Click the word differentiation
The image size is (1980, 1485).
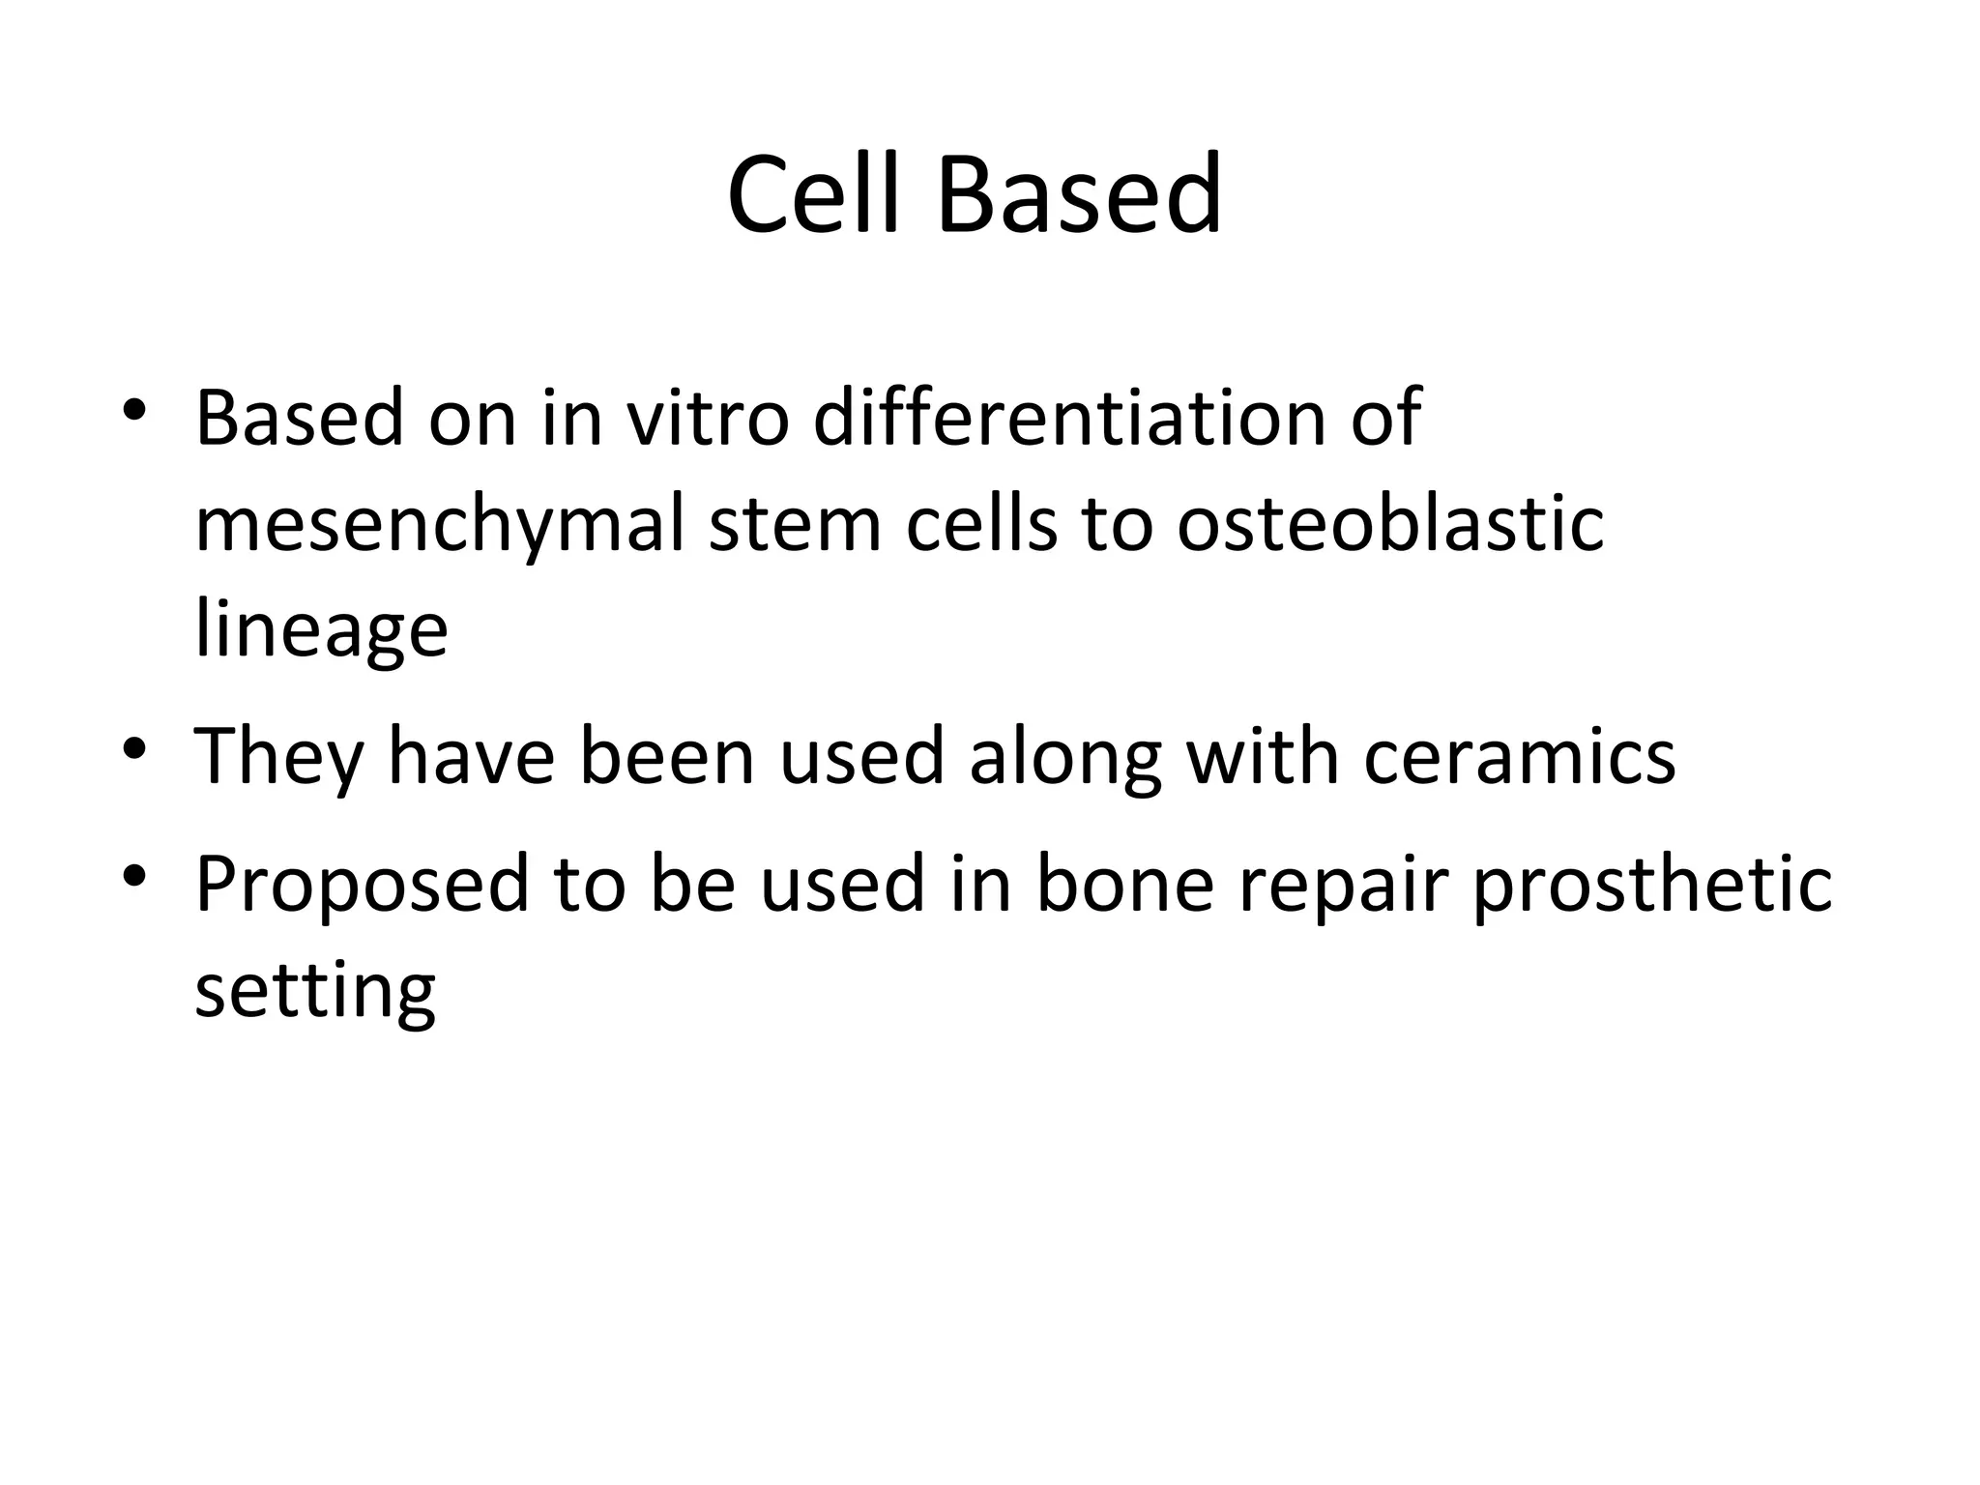coord(1069,418)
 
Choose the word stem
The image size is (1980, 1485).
coord(795,524)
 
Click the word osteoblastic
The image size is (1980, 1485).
coord(1390,524)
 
